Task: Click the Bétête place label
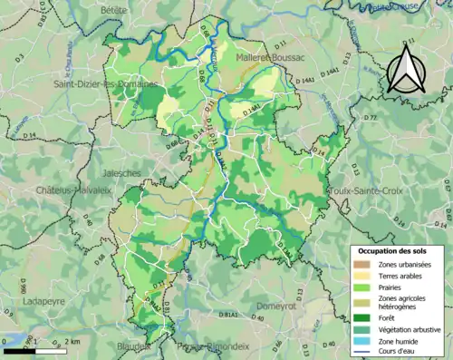115,9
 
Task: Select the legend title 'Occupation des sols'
391,249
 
